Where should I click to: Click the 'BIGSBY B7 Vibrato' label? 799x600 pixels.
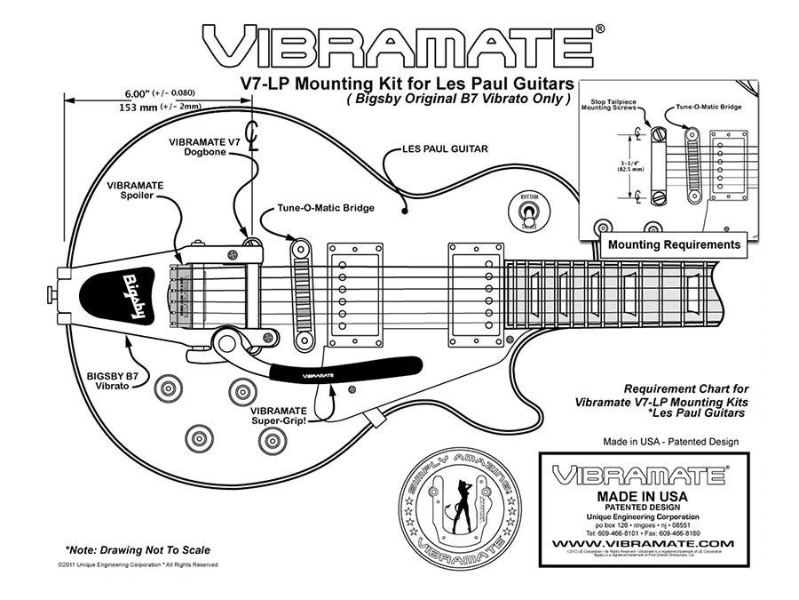tap(112, 382)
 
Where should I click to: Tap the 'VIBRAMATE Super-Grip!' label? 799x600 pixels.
tap(280, 416)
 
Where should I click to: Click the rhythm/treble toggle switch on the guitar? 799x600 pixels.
tap(528, 214)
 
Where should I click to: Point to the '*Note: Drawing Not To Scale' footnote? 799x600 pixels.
tap(124, 550)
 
